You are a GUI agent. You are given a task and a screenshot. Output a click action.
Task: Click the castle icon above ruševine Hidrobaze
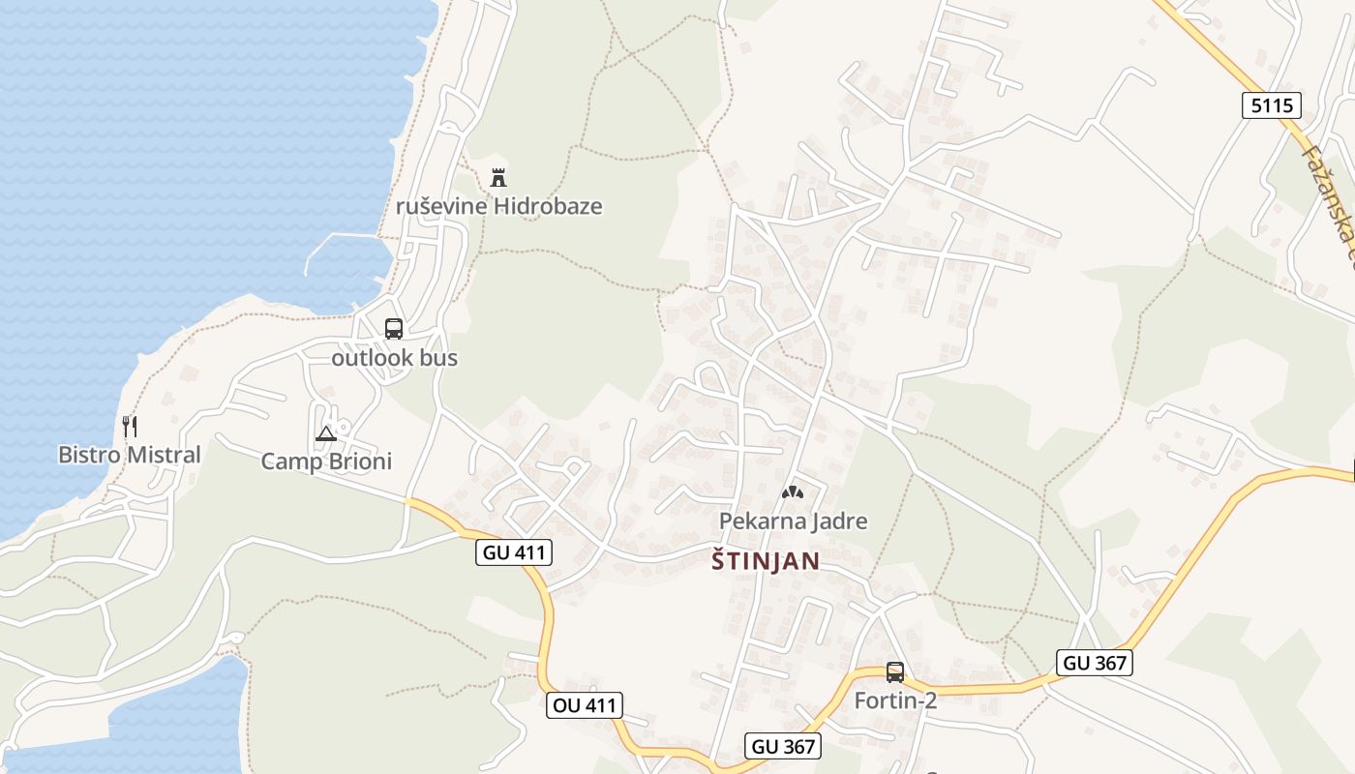tap(498, 177)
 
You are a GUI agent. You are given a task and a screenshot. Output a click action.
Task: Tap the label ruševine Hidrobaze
tap(498, 206)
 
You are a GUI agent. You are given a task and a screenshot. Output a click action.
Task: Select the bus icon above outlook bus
tap(394, 329)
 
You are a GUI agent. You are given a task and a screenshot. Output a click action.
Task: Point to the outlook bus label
tap(394, 358)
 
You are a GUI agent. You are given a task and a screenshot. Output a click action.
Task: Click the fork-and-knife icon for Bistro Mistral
tap(130, 426)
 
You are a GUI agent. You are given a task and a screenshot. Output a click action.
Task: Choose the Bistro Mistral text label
tap(130, 455)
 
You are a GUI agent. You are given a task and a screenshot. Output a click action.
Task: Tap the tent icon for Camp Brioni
tap(325, 432)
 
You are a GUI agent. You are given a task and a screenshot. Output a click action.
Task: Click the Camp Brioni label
tap(326, 461)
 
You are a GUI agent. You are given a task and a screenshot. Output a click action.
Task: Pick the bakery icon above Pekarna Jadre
tap(793, 491)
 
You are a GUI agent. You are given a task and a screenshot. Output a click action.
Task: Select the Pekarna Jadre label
tap(793, 521)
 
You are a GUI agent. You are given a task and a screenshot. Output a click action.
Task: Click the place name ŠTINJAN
tap(766, 561)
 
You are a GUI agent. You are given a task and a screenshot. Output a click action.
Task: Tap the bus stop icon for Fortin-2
tap(895, 671)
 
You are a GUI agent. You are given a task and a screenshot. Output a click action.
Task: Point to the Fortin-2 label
tap(895, 700)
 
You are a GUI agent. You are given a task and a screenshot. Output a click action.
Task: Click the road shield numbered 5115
tap(1271, 105)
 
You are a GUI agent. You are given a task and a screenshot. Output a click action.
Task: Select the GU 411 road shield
tap(514, 552)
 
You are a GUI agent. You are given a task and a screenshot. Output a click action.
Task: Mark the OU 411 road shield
tap(584, 705)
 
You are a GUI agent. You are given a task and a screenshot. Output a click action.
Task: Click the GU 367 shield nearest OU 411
tap(784, 746)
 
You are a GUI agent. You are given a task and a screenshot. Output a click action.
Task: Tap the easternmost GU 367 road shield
tap(1095, 663)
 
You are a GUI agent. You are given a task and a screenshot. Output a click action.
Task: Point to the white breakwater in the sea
tap(339, 238)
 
